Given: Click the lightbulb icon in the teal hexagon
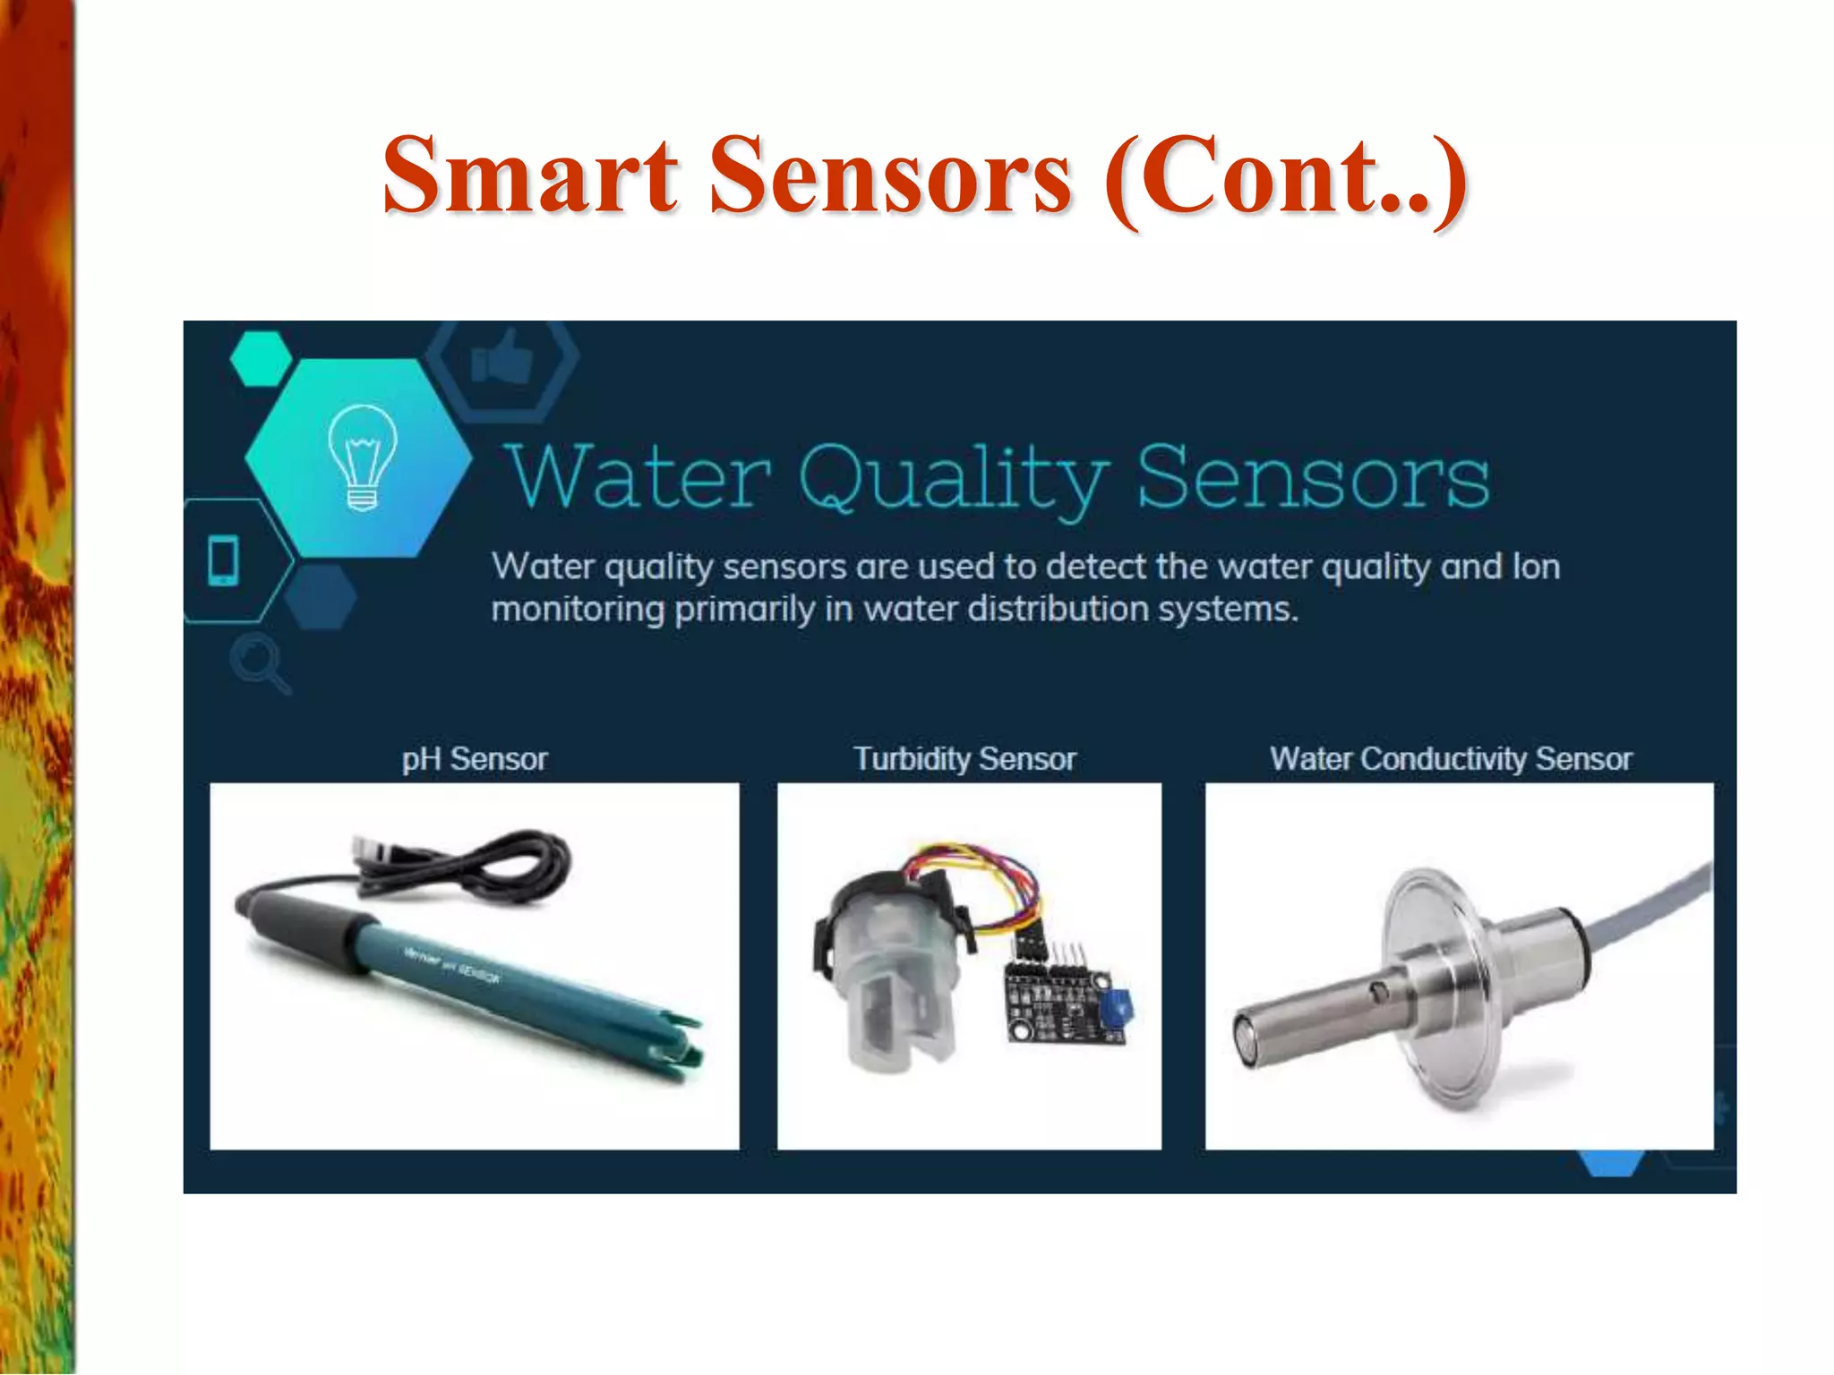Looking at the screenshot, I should click(x=362, y=457).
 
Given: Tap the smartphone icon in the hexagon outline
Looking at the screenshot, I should click(x=223, y=560).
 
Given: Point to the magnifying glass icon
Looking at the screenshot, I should click(x=258, y=662).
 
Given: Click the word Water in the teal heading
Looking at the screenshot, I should click(x=638, y=477).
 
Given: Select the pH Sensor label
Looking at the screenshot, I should click(x=475, y=759).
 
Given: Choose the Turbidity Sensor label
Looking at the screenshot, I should click(x=964, y=759).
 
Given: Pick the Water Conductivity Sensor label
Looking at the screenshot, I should click(x=1451, y=759).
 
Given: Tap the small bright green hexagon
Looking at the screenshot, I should click(x=261, y=358).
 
